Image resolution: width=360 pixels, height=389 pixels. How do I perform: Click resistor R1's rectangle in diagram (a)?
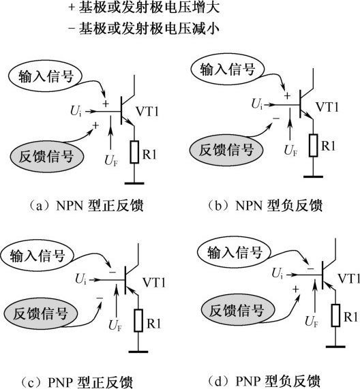coord(134,152)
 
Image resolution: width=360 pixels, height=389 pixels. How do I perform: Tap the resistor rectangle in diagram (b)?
coord(314,145)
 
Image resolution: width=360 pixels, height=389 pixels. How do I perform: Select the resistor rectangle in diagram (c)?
coord(138,320)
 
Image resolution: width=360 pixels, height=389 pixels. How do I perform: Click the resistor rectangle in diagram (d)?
coord(335,315)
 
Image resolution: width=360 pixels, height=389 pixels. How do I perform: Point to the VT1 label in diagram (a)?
coord(147,112)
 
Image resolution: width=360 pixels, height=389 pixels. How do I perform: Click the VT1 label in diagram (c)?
coord(154,283)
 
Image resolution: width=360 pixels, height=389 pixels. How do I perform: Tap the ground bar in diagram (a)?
coord(134,183)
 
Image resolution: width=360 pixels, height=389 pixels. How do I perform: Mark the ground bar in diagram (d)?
coord(335,346)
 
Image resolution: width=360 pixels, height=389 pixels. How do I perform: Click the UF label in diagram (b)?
coord(290,151)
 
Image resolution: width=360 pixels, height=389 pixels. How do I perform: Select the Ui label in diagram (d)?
coord(277,273)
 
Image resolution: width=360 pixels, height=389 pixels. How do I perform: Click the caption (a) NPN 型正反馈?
coord(86,206)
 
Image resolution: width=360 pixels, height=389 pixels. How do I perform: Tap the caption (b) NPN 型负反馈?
coord(265,206)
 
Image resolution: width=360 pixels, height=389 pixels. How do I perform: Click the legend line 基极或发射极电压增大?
coord(144,7)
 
